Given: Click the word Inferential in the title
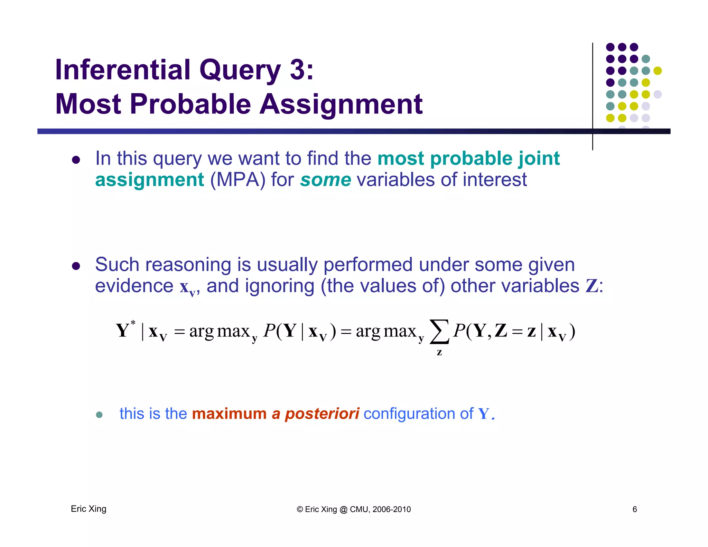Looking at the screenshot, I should (123, 70).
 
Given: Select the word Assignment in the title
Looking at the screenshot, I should (341, 104).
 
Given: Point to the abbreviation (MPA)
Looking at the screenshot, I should (238, 180).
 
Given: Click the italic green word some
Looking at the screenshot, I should (325, 180).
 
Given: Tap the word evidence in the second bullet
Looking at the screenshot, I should (134, 286).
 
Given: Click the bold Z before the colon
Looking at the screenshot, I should (591, 286).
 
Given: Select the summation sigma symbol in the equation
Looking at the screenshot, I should (439, 332).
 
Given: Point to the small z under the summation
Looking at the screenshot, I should (439, 353).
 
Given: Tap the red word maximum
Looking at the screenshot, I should (229, 414).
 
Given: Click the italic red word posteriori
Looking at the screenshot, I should (322, 414).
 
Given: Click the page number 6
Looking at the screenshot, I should (635, 509).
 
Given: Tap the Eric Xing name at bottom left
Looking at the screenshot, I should (88, 509).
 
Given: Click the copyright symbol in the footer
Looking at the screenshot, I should (300, 509).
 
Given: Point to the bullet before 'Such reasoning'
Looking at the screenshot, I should (76, 266).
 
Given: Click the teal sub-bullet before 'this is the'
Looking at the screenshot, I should (99, 415).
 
